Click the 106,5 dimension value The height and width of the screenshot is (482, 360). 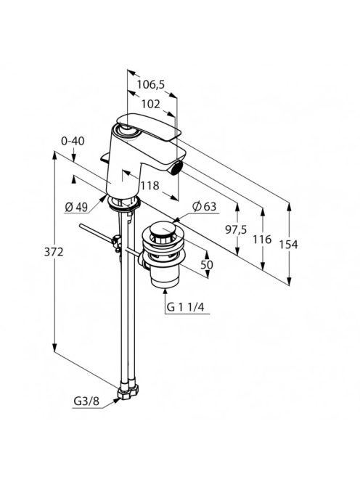coord(151,84)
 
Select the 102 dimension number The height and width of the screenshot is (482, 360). coord(151,105)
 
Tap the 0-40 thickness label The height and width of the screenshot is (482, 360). coord(73,141)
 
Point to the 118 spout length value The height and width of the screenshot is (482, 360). coord(150,186)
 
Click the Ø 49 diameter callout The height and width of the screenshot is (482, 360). coord(76,208)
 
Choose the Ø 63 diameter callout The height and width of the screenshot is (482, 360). coord(205,207)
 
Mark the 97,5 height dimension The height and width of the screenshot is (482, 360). coord(236,229)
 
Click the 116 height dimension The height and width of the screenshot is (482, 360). coord(262,239)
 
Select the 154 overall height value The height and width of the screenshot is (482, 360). coord(288,245)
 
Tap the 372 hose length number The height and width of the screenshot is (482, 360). coord(54,252)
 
